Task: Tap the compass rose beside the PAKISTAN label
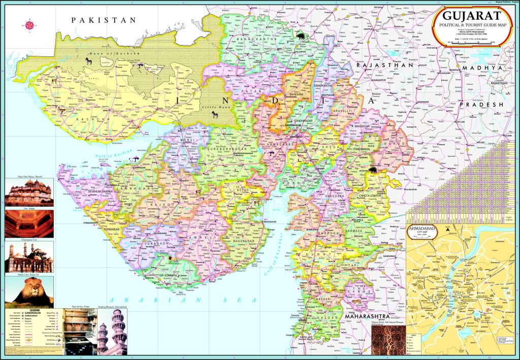click(x=30, y=24)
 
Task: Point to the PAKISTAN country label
click(x=104, y=20)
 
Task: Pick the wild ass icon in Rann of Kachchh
click(x=89, y=61)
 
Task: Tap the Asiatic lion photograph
click(x=29, y=291)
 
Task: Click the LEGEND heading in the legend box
click(x=34, y=310)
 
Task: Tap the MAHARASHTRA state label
click(x=367, y=316)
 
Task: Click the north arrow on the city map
click(x=447, y=230)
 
